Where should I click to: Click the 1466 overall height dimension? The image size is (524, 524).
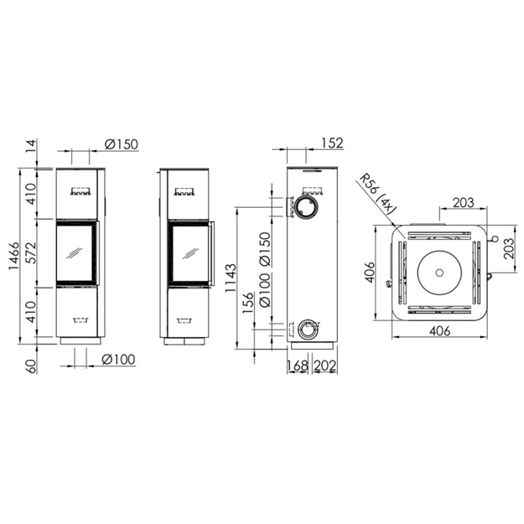14,256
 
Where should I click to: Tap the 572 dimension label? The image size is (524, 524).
31,253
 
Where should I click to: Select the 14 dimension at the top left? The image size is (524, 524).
31,146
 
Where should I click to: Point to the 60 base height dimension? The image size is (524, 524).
31,366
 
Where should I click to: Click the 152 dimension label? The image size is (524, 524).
332,143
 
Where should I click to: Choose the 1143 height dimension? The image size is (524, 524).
231,278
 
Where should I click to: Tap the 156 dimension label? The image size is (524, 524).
248,303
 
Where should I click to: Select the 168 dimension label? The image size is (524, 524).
297,366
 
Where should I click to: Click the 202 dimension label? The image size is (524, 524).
324,366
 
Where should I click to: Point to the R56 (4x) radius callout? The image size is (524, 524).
377,195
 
